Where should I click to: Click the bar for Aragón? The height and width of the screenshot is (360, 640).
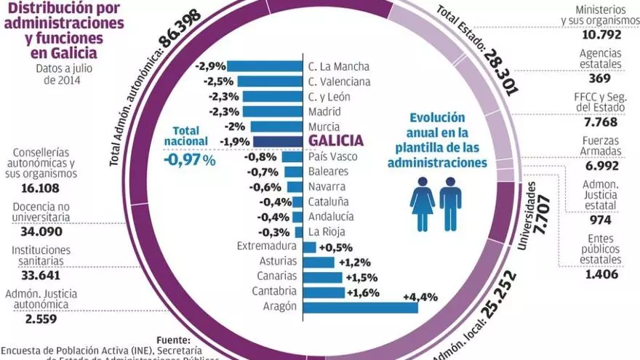360,307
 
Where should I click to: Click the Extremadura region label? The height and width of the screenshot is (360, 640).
267,247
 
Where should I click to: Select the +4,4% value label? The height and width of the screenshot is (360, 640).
419,296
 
